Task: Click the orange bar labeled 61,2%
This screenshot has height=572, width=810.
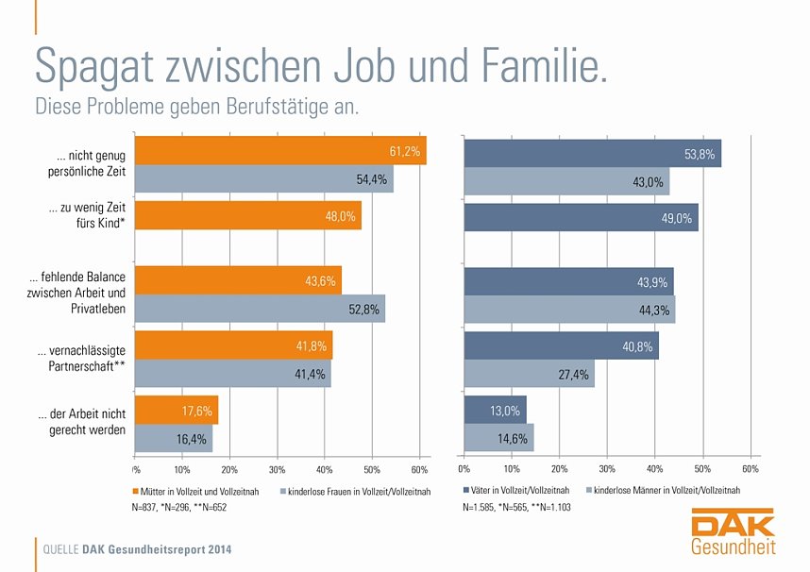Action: [280, 151]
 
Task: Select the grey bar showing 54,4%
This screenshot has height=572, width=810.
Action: [264, 179]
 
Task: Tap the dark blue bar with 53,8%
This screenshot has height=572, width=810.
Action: [592, 153]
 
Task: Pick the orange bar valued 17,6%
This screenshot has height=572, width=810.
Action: [177, 411]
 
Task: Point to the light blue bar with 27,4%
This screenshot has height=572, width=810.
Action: [529, 375]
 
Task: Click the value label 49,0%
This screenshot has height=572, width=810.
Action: [677, 218]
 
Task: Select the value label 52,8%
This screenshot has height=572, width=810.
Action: [363, 310]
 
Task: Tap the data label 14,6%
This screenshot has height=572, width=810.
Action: [513, 439]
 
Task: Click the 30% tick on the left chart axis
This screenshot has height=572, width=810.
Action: [277, 469]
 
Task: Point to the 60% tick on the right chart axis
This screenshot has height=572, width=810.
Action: [750, 469]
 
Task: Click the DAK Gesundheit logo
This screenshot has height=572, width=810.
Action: [734, 533]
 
